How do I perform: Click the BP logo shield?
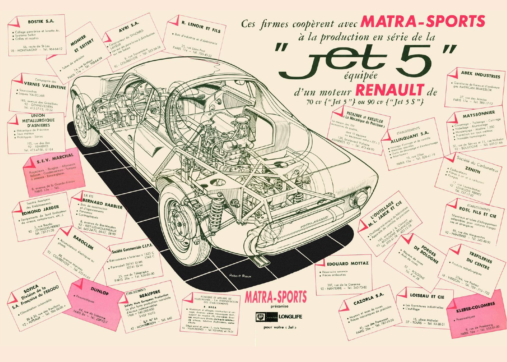(x=260, y=317)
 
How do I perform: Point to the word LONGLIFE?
(x=290, y=317)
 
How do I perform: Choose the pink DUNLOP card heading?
(x=100, y=291)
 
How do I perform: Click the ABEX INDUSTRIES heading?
(x=480, y=74)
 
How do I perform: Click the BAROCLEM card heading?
(x=83, y=242)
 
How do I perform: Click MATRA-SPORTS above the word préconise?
(x=276, y=296)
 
